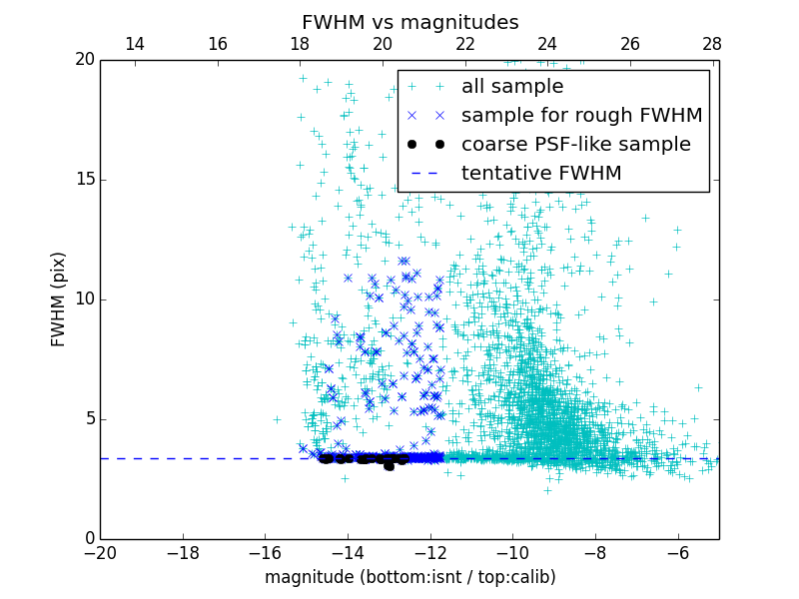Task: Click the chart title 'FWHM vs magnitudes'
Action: tap(409, 22)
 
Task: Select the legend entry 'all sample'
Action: tap(511, 87)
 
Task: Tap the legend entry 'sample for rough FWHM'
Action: tap(581, 116)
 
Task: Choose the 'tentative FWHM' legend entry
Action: tap(540, 174)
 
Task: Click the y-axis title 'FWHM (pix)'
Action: tap(59, 299)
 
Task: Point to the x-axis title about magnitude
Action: tap(409, 577)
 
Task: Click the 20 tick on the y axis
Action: tap(84, 60)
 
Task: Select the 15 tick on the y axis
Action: tap(84, 180)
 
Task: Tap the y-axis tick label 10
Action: tap(84, 299)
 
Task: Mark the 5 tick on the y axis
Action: tap(88, 419)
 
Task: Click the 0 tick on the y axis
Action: tap(88, 539)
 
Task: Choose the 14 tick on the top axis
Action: tap(135, 45)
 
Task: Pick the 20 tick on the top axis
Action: tap(383, 45)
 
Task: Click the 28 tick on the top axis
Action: tap(712, 45)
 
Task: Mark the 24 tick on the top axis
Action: tap(547, 45)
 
